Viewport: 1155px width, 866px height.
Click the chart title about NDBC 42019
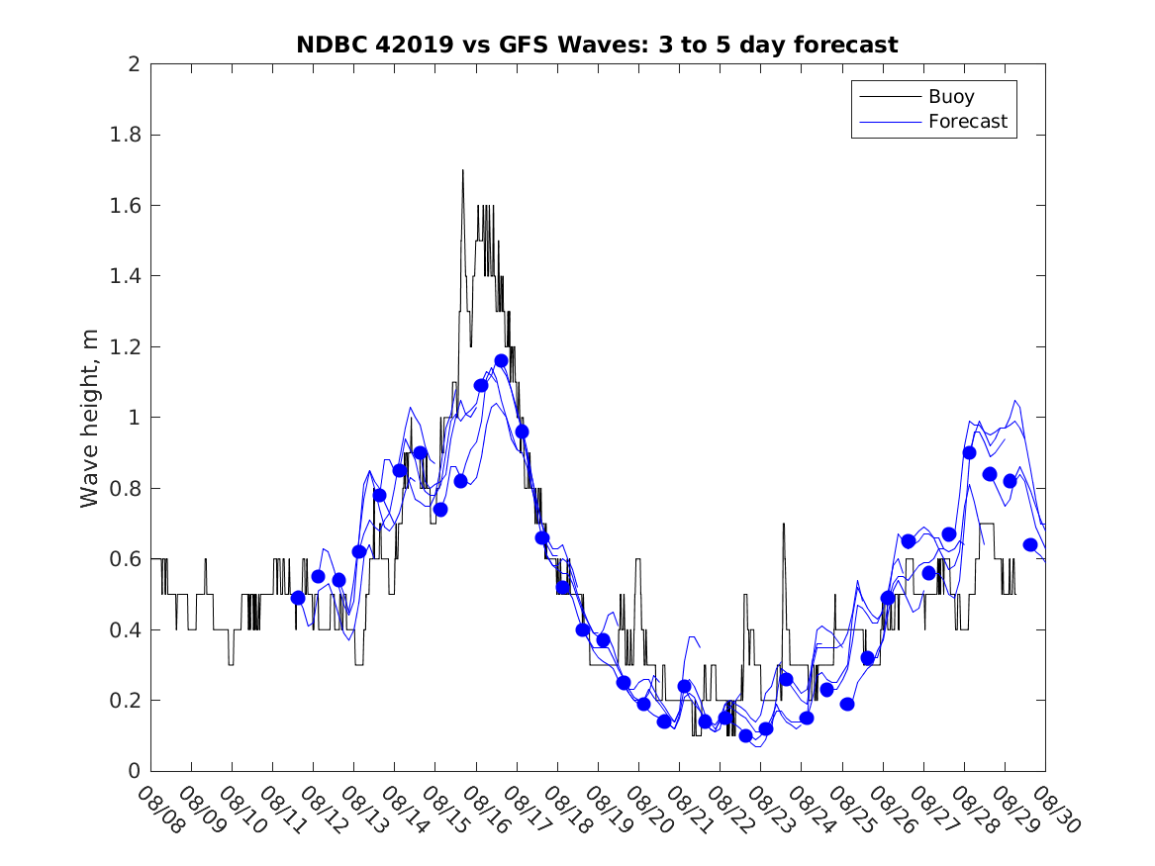(597, 45)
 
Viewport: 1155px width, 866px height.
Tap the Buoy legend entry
(950, 97)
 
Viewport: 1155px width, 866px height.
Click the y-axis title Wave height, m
(90, 418)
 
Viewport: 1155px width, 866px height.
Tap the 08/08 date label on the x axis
(161, 811)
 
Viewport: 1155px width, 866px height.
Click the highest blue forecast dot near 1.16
(501, 361)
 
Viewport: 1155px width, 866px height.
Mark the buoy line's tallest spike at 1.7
(462, 171)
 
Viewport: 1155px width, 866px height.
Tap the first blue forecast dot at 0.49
(298, 598)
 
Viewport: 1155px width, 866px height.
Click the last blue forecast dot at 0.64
(1029, 544)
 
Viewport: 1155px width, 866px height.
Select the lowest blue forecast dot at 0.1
(745, 735)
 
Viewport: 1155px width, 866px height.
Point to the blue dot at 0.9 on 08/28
(969, 452)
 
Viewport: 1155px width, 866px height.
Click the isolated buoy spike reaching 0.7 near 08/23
(784, 525)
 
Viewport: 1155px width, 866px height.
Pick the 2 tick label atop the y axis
(133, 64)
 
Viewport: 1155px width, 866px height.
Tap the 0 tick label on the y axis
(133, 771)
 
